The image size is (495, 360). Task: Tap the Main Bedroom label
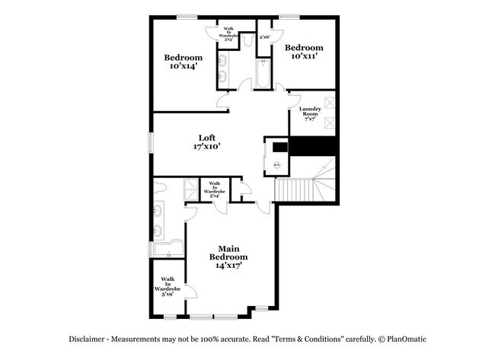tap(228, 249)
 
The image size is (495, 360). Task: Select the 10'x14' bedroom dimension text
tap(184, 67)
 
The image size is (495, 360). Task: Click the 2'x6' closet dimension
tap(266, 37)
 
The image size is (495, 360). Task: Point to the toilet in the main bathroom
tap(159, 187)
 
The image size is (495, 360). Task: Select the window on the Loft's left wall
tap(151, 142)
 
